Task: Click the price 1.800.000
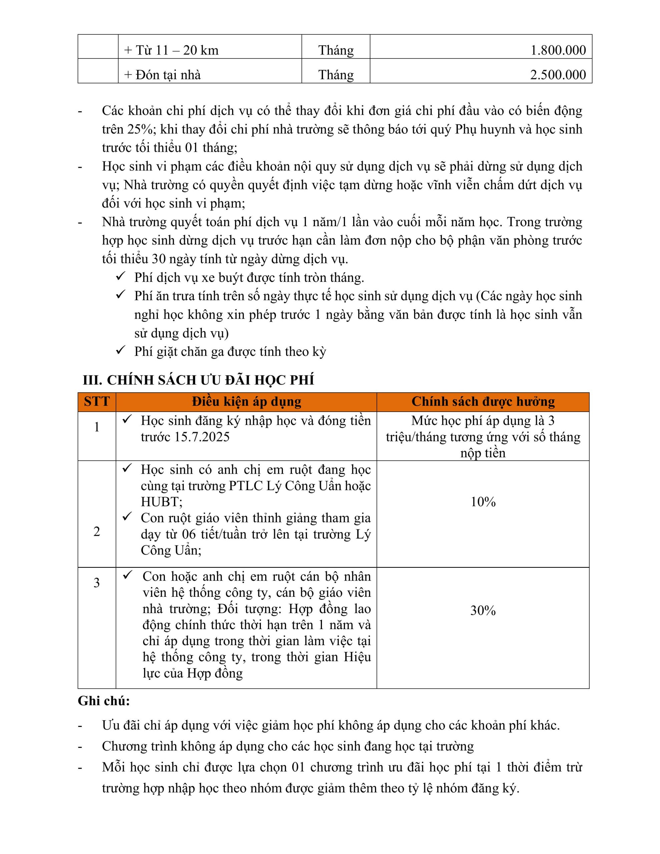coord(558,50)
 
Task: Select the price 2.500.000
coord(558,75)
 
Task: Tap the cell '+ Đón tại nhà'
coord(162,75)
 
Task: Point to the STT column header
coord(97,402)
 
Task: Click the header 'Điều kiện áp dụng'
coord(247,402)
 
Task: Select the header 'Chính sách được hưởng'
coord(483,402)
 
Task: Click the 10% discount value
coord(483,502)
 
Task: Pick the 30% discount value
coord(483,610)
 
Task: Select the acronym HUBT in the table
coord(161,502)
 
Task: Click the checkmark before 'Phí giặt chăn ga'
coord(120,350)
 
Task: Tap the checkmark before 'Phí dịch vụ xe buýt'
coord(120,276)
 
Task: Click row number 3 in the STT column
coord(97,583)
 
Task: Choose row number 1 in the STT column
coord(97,427)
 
